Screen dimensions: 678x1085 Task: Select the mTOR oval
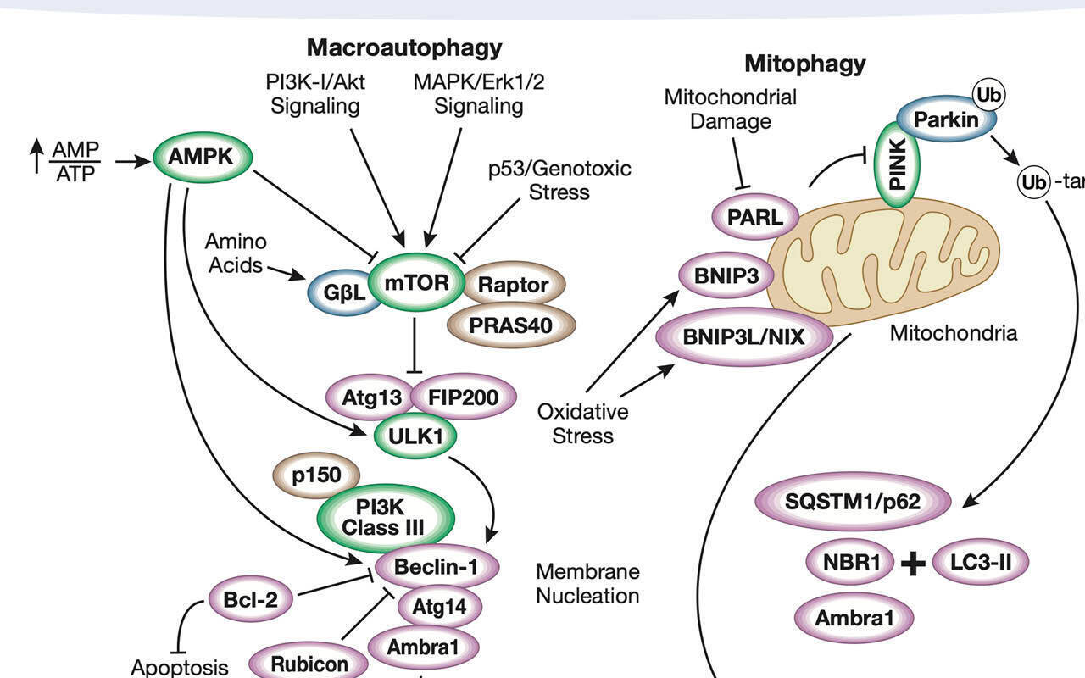pyautogui.click(x=416, y=284)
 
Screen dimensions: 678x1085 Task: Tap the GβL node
pyautogui.click(x=344, y=293)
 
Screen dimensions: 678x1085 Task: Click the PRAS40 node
pyautogui.click(x=511, y=326)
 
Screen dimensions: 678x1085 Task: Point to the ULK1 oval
pyautogui.click(x=415, y=436)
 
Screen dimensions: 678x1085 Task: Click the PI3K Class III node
pyautogui.click(x=383, y=518)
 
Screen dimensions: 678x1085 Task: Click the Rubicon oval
pyautogui.click(x=309, y=664)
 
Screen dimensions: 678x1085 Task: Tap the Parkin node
pyautogui.click(x=945, y=119)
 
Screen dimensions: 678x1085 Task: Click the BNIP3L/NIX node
pyautogui.click(x=745, y=336)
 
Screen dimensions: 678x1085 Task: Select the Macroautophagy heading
pyautogui.click(x=404, y=47)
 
